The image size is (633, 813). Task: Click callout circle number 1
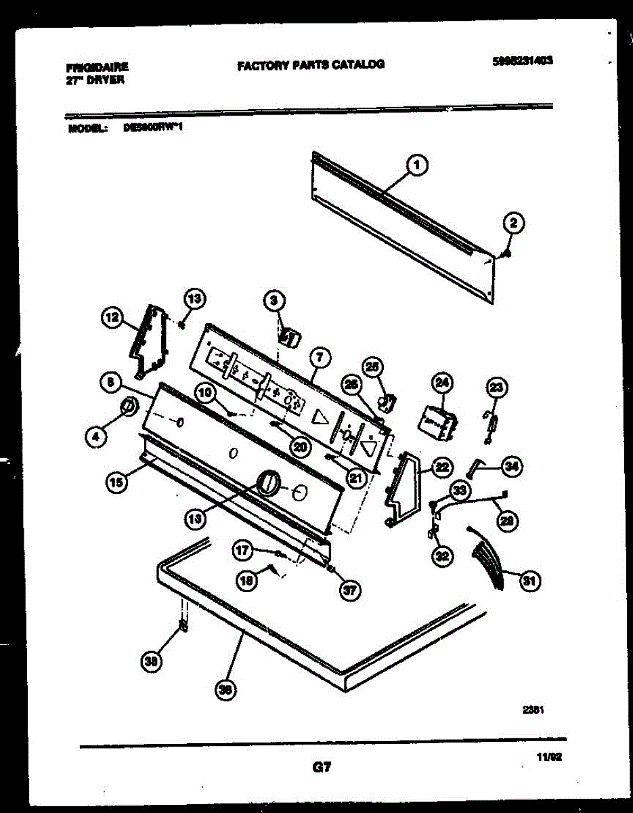click(418, 164)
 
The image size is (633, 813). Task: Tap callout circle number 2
click(512, 223)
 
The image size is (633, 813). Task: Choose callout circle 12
click(111, 316)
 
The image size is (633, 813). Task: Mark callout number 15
click(116, 483)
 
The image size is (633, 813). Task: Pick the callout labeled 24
click(441, 384)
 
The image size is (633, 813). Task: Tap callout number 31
click(529, 580)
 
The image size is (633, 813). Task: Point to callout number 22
click(441, 466)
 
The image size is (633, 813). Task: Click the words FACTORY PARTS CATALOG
click(311, 65)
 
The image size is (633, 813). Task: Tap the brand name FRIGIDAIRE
click(97, 68)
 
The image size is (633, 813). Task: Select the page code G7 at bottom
click(321, 768)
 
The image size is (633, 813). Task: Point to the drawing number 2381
click(533, 710)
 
